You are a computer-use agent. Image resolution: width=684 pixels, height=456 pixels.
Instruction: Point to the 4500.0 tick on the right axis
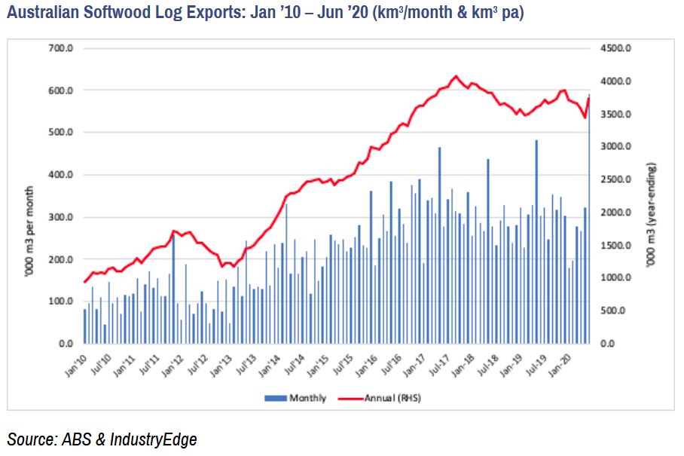point(618,48)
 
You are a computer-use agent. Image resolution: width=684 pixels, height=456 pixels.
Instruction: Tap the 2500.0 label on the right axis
point(618,179)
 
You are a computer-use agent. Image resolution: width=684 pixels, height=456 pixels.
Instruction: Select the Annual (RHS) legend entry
point(385,398)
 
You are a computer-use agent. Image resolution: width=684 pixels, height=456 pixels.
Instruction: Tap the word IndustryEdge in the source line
point(156,439)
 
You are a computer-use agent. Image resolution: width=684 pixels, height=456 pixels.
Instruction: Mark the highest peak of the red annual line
point(454,76)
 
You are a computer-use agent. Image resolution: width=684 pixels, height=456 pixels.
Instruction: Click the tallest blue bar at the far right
point(589,219)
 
